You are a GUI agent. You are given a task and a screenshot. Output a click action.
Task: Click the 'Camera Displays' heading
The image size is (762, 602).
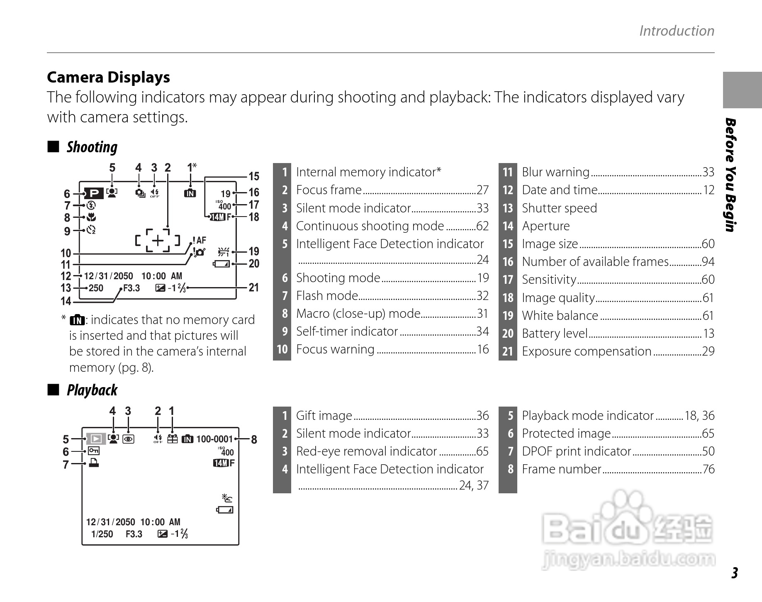tap(108, 78)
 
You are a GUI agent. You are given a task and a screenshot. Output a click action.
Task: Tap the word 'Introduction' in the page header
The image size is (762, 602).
tap(677, 31)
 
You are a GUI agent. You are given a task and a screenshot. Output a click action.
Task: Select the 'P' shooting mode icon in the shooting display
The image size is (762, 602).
tap(94, 193)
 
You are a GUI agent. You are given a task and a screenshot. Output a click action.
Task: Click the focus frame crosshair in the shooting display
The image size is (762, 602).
tap(158, 240)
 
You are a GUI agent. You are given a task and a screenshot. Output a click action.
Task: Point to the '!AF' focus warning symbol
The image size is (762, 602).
tap(199, 240)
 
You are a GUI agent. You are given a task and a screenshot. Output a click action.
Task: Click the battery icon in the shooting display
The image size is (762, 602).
tap(221, 264)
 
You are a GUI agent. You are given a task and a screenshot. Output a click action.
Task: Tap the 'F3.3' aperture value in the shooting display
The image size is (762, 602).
tap(131, 288)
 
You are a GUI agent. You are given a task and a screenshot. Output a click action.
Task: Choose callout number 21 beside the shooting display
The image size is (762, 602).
tap(253, 288)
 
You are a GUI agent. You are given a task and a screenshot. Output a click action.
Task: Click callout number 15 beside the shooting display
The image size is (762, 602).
tap(253, 176)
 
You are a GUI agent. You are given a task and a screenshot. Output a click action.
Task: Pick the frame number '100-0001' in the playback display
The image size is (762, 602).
tap(214, 439)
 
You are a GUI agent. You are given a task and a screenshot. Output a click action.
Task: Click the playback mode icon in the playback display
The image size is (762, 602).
tap(96, 439)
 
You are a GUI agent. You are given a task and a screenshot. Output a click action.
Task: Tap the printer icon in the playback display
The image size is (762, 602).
tap(94, 463)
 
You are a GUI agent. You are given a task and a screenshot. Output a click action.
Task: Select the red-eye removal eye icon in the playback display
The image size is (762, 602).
tap(129, 439)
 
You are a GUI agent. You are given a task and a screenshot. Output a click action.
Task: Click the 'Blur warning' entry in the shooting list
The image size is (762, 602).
tap(555, 172)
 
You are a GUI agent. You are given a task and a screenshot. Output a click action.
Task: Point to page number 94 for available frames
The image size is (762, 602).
tap(708, 262)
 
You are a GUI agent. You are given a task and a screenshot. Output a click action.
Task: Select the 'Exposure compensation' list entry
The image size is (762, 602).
tap(587, 351)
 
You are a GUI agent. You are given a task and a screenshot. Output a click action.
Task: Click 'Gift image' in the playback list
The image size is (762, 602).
tap(324, 415)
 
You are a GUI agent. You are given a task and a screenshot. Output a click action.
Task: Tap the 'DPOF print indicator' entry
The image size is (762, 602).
tap(576, 451)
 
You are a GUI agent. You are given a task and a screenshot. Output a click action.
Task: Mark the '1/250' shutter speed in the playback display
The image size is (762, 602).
tap(102, 534)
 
